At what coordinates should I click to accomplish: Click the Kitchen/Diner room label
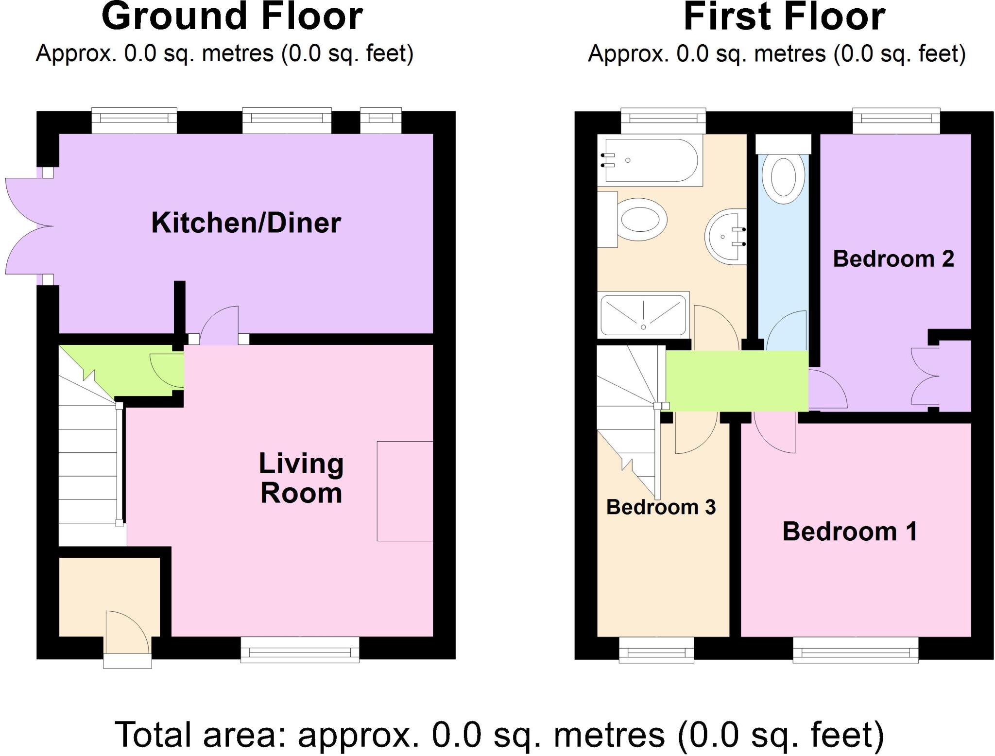[x=246, y=223]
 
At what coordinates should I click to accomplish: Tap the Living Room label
[x=301, y=478]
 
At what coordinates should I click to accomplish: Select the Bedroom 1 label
[x=850, y=531]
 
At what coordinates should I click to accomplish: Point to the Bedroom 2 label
[x=893, y=258]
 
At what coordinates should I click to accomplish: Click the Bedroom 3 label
[x=661, y=507]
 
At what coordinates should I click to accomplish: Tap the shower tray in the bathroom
[x=643, y=315]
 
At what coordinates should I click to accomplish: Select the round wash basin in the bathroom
[x=725, y=237]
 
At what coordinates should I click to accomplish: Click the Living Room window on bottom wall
[x=300, y=649]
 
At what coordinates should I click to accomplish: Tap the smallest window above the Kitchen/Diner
[x=381, y=120]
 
